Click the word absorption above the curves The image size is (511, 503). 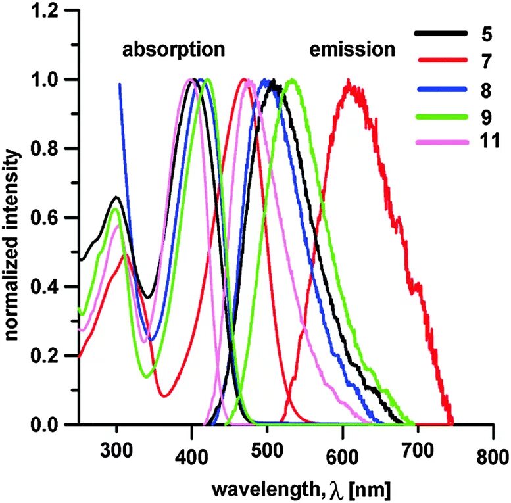[x=174, y=49]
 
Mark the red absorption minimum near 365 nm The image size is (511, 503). [x=165, y=396]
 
